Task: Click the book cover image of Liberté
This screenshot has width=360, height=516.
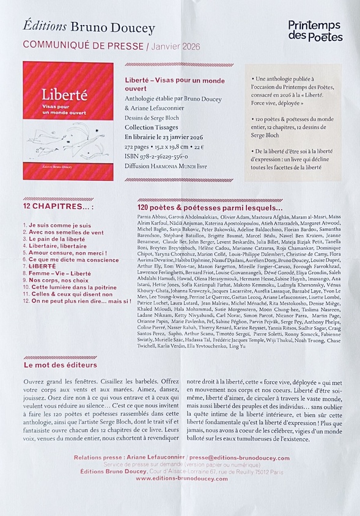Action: tap(68, 120)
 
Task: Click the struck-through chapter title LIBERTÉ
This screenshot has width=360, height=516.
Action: tap(42, 267)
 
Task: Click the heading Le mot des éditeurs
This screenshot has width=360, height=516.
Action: tap(61, 365)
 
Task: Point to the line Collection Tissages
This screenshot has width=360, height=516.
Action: tap(153, 127)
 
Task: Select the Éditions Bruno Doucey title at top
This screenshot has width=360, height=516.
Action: tap(89, 27)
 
